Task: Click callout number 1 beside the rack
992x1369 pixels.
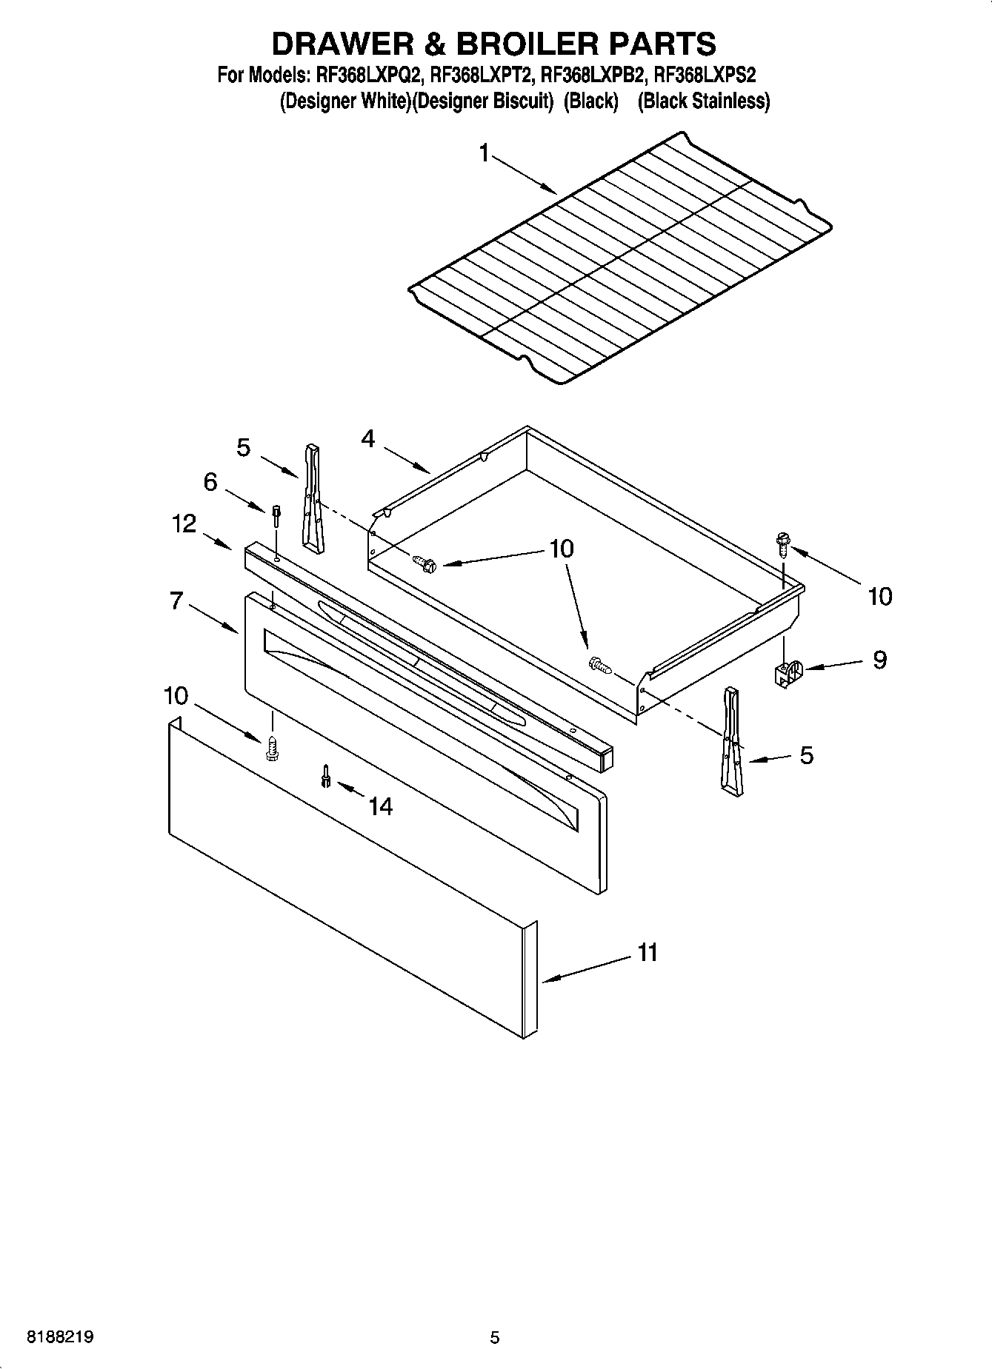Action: (x=484, y=153)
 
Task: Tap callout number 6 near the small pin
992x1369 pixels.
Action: (x=210, y=482)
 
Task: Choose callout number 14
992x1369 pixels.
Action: (x=380, y=806)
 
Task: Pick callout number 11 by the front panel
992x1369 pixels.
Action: (x=648, y=952)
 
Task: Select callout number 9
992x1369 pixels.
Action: (x=879, y=659)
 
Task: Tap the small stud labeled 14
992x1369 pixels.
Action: (x=325, y=776)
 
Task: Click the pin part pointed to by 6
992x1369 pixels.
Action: (x=276, y=515)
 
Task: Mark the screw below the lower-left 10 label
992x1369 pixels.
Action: (x=272, y=747)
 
